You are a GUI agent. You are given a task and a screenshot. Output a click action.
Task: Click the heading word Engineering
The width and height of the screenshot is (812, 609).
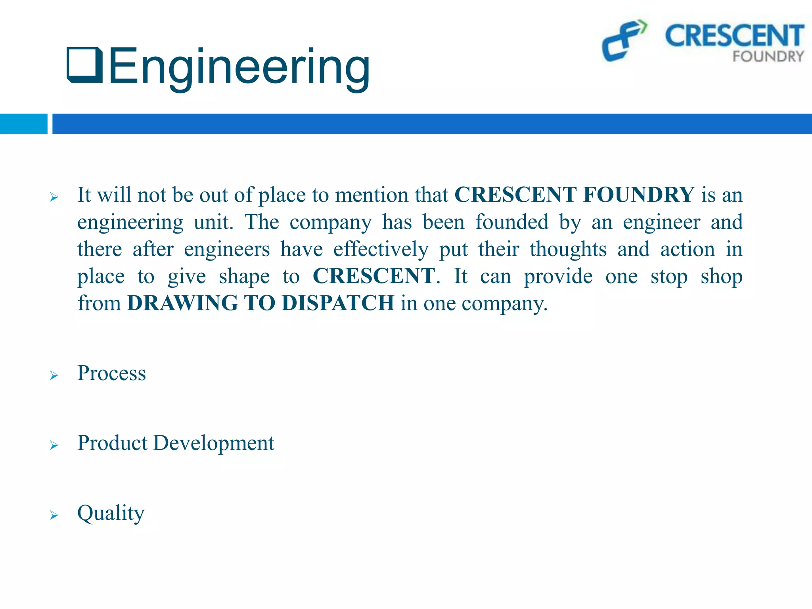coord(239,67)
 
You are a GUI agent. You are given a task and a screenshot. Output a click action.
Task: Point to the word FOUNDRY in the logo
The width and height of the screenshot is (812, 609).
coord(768,57)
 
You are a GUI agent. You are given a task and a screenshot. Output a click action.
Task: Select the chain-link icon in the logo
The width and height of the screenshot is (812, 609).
coord(624,40)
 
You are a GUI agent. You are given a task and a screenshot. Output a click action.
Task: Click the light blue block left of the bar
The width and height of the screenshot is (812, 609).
coord(23,124)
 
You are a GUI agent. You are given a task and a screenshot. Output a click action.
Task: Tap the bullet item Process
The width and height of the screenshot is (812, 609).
coord(111,373)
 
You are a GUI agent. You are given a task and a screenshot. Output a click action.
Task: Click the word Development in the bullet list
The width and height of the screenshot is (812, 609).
coord(213,443)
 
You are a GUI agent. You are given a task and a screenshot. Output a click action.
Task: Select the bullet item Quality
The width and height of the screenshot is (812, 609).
coord(111,513)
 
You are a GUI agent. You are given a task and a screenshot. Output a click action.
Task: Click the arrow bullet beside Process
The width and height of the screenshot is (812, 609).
coord(54,375)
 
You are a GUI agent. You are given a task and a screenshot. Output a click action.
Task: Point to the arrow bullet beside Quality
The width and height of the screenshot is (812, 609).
coord(54,515)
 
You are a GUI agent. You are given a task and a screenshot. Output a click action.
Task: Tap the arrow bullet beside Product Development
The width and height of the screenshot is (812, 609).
coord(54,445)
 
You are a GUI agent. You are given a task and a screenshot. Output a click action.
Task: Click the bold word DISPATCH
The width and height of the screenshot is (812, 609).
coord(338,303)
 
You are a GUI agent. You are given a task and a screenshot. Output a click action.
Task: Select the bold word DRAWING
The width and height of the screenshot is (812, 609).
coord(182,303)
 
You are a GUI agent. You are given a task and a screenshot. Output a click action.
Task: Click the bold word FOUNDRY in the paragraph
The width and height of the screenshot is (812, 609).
coord(639,195)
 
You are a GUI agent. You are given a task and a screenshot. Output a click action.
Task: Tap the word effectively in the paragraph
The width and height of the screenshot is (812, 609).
coord(381,249)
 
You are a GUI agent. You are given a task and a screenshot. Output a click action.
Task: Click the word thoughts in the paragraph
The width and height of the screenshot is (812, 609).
coord(568,249)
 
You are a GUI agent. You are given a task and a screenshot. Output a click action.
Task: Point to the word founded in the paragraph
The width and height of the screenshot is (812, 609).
coord(512,222)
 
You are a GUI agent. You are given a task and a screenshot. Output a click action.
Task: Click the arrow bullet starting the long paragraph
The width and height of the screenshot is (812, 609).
coord(54,197)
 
